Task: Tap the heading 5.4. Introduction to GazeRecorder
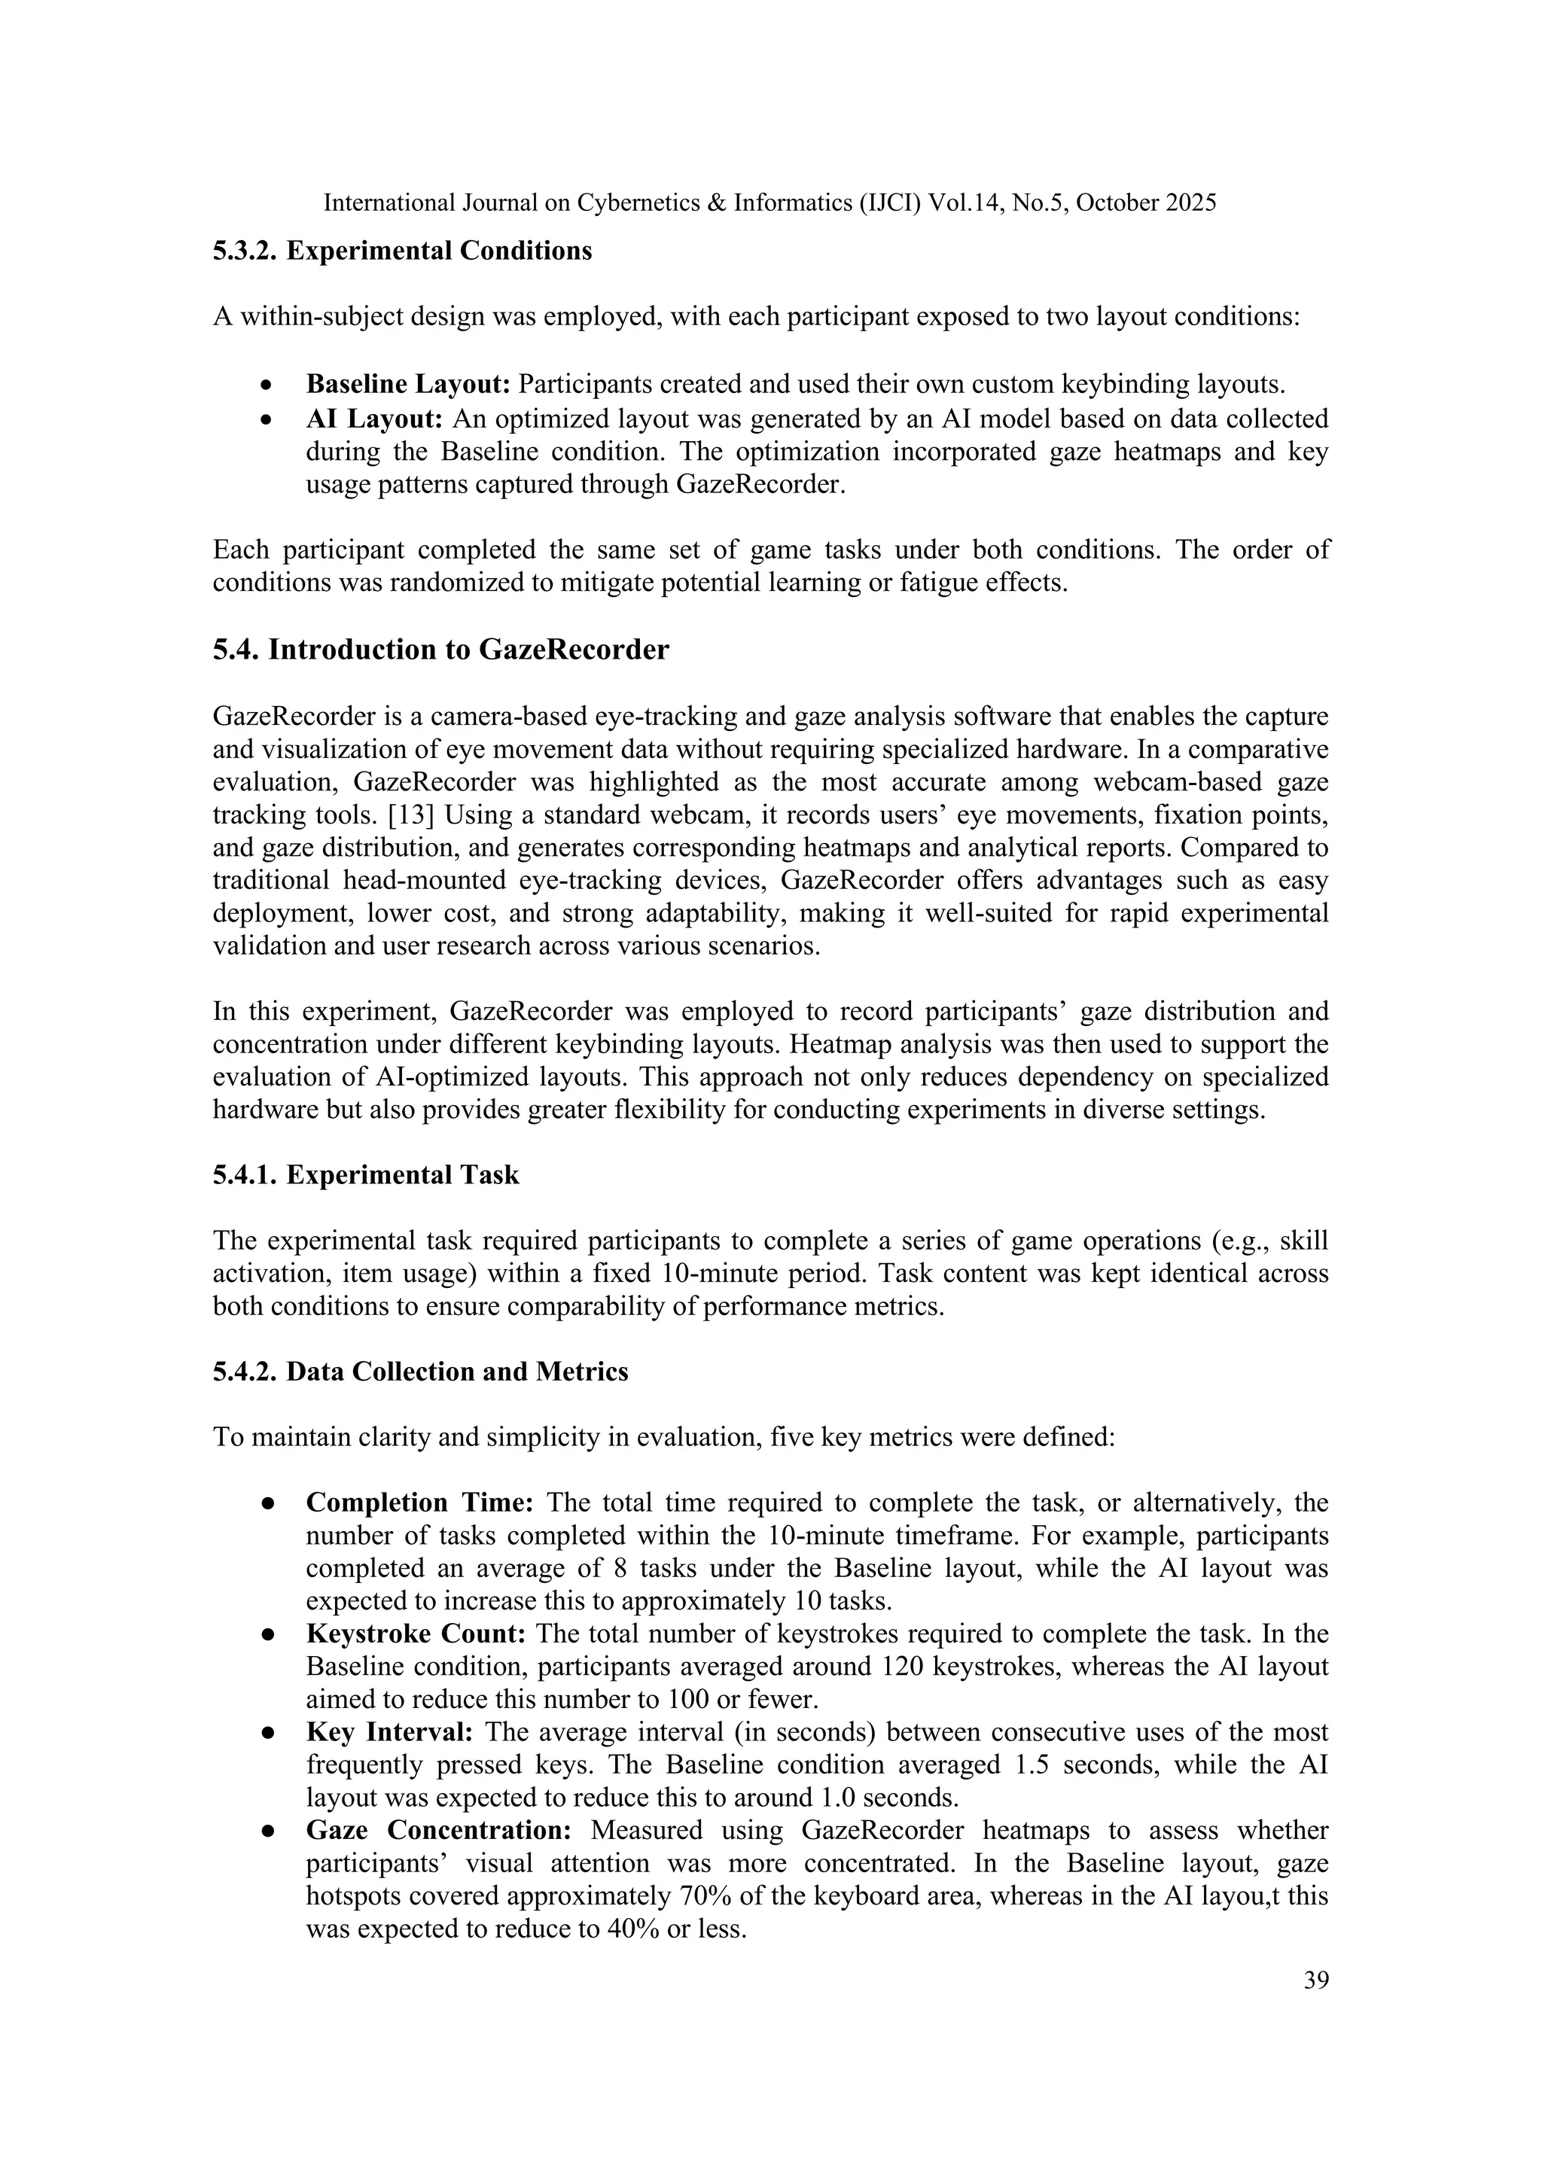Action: point(440,650)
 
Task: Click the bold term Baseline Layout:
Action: point(408,385)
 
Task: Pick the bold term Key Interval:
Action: point(389,1732)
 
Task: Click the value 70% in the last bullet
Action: point(702,1896)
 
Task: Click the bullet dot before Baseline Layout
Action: point(269,385)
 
